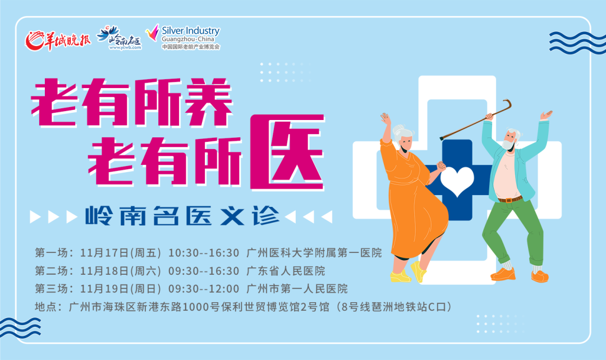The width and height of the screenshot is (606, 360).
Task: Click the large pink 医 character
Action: pos(287,152)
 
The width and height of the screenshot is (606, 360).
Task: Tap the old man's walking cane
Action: pos(476,119)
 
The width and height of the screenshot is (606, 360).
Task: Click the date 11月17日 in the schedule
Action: pos(104,253)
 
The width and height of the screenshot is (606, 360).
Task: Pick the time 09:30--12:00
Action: pos(204,289)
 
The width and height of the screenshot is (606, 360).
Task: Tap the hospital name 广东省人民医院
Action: pos(286,271)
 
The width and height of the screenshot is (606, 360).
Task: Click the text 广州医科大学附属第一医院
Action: pos(314,253)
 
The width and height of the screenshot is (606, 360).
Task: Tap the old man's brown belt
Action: pos(509,199)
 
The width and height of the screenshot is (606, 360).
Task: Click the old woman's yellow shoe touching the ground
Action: pos(401,276)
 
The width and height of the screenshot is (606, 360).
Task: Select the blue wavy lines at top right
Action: pos(577,43)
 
